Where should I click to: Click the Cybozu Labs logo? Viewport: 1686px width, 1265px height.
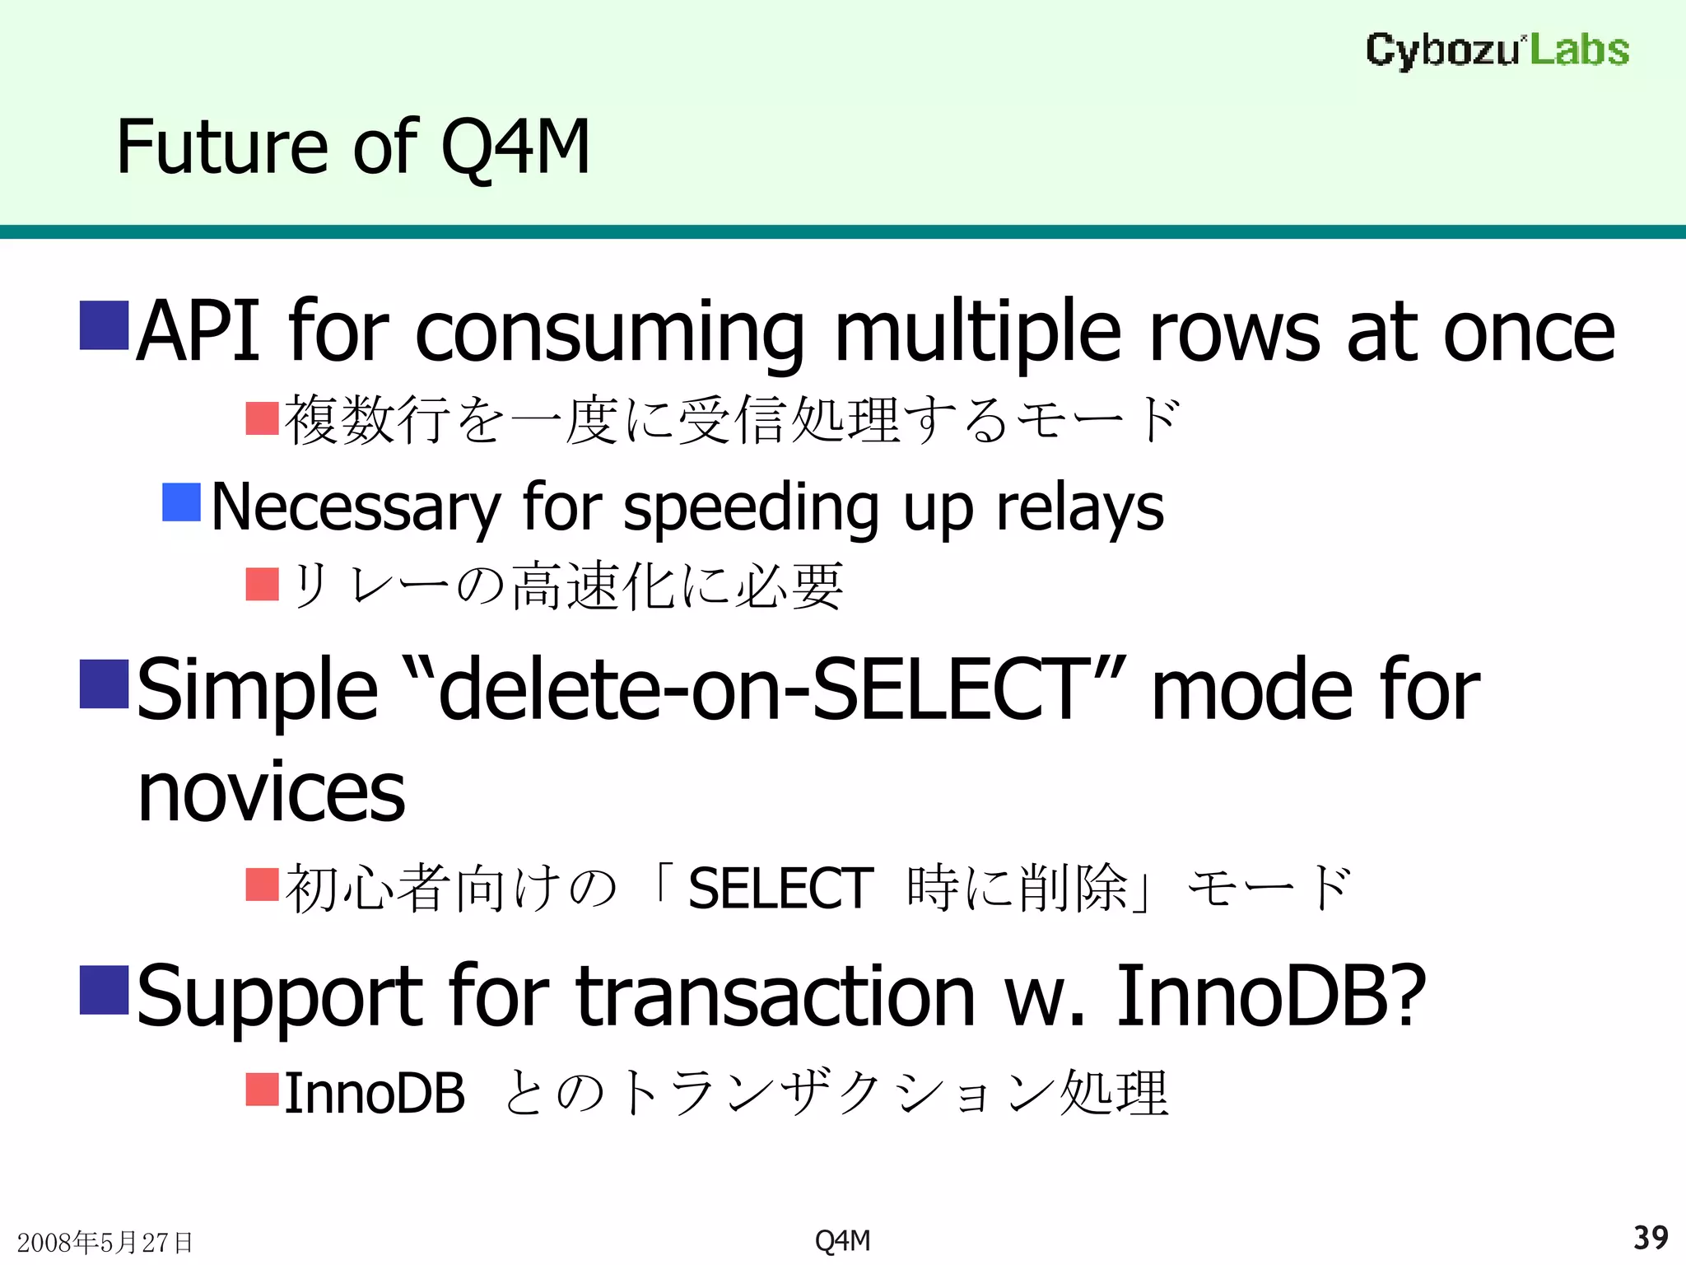(1497, 50)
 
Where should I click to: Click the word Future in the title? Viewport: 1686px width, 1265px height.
(222, 147)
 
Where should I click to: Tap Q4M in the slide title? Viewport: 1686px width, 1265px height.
(515, 147)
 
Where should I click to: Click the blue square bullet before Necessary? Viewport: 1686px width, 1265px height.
(181, 502)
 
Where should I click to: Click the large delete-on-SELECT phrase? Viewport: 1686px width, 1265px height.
(758, 690)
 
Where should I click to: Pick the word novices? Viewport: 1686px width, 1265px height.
(272, 792)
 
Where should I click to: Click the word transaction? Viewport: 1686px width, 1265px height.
(775, 997)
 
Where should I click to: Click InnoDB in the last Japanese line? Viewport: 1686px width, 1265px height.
(375, 1094)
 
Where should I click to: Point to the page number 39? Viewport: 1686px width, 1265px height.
(1650, 1238)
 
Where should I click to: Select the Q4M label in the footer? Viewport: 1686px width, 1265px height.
(842, 1240)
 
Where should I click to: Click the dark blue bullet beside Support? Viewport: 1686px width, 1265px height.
(104, 990)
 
